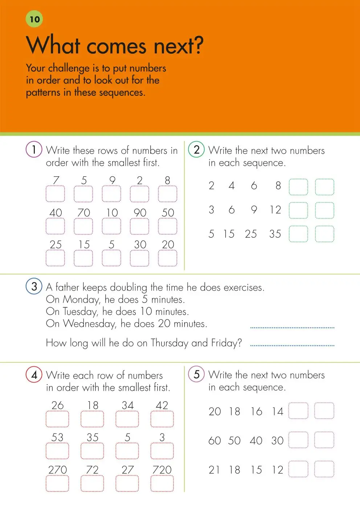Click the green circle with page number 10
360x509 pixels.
(x=34, y=19)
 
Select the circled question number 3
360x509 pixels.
(x=34, y=287)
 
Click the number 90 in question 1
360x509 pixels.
(x=140, y=213)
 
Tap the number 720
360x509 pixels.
(x=162, y=470)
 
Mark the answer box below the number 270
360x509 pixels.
(x=57, y=484)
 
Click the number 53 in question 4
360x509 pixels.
(x=57, y=438)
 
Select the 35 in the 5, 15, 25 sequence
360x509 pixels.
(x=275, y=234)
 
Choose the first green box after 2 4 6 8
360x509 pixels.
(x=298, y=187)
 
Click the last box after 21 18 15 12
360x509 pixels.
(x=324, y=469)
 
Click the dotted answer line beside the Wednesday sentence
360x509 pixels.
(x=292, y=327)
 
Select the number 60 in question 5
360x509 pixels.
(x=214, y=440)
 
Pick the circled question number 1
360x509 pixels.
(x=34, y=149)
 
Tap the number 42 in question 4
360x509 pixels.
(x=162, y=405)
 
